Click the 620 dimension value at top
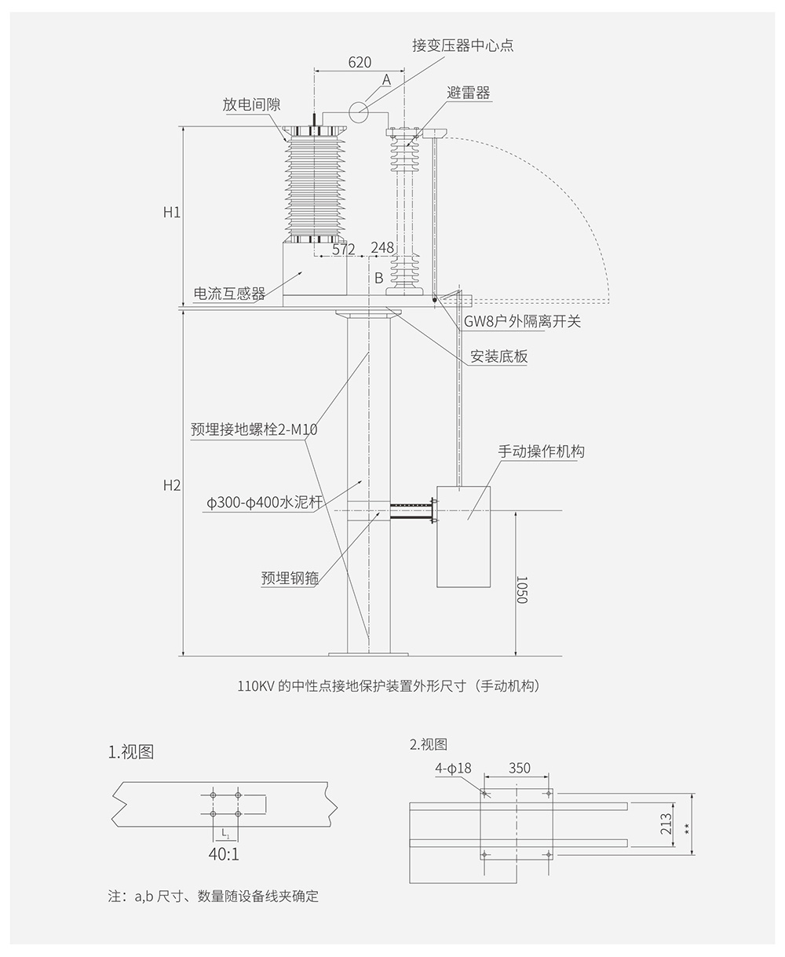click(x=360, y=63)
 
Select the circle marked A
click(x=360, y=112)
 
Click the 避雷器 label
click(x=469, y=93)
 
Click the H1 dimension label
click(x=172, y=212)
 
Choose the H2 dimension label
click(x=172, y=485)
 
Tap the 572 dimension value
click(x=344, y=249)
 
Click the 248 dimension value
click(x=382, y=248)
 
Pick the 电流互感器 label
click(x=229, y=294)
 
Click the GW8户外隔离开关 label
click(x=522, y=320)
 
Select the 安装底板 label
click(x=498, y=356)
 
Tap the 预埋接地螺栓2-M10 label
click(x=254, y=429)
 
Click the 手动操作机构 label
click(x=541, y=451)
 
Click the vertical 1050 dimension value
click(x=523, y=590)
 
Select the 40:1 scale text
click(x=224, y=854)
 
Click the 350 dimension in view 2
click(x=519, y=769)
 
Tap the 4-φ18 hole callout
click(x=453, y=769)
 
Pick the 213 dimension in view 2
click(x=666, y=824)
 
